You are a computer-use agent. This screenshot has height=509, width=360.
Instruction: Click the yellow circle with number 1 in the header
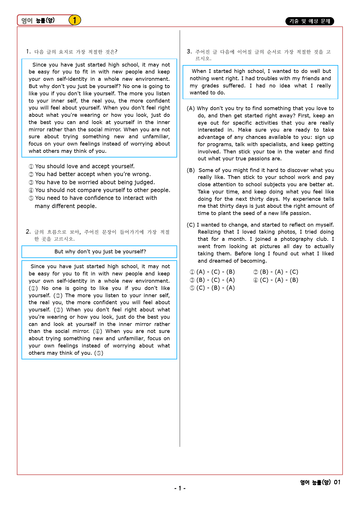click(75, 20)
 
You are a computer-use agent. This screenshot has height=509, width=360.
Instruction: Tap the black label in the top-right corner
click(309, 21)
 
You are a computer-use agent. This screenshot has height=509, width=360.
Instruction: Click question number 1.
click(28, 52)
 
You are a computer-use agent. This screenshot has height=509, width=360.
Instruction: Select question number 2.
click(28, 232)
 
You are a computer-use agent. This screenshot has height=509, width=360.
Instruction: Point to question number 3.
click(189, 52)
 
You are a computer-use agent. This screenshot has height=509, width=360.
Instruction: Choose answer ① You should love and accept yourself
click(82, 166)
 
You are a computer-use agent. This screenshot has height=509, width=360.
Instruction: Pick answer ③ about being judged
click(92, 182)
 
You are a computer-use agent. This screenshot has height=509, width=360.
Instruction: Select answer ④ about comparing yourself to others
click(99, 190)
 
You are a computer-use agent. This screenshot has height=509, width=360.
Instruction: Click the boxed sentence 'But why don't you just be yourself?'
click(100, 252)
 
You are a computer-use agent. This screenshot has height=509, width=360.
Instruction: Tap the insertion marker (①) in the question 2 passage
click(33, 288)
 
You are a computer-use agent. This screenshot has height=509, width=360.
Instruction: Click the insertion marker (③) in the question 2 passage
click(58, 310)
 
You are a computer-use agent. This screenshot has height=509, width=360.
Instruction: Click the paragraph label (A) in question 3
click(191, 108)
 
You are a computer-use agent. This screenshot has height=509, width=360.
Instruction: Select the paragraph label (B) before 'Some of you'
click(191, 170)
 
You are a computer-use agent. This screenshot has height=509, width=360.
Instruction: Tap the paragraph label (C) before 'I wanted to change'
click(191, 225)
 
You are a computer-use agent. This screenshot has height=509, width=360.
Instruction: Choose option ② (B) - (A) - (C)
click(276, 272)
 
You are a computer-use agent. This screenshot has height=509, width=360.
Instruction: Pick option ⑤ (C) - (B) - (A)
click(212, 288)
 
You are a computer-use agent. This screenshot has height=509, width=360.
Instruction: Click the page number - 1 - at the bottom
click(180, 488)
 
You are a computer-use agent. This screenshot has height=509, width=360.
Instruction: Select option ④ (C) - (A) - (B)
click(276, 280)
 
